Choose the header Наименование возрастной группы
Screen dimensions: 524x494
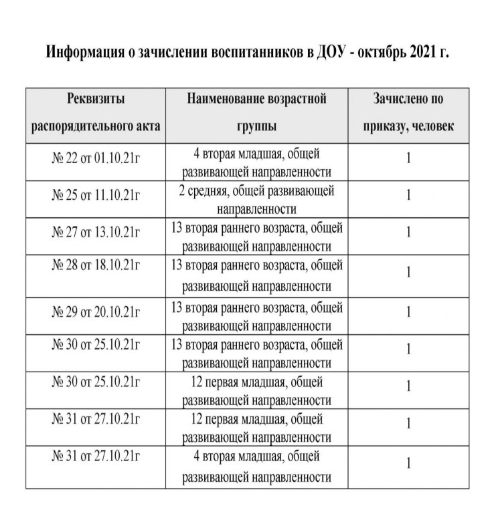[x=256, y=112]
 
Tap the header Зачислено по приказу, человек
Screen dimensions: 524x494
[x=408, y=112]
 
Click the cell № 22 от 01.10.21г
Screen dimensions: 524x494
[x=96, y=158]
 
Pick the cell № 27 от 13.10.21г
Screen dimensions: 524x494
[x=96, y=232]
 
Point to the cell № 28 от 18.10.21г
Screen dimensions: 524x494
[x=96, y=264]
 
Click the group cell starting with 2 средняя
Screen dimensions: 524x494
[x=256, y=199]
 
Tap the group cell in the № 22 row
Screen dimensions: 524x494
[x=256, y=162]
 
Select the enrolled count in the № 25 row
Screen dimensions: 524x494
[x=408, y=195]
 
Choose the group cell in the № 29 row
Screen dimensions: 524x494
[x=256, y=317]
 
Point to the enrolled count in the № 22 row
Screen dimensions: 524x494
[x=408, y=158]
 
